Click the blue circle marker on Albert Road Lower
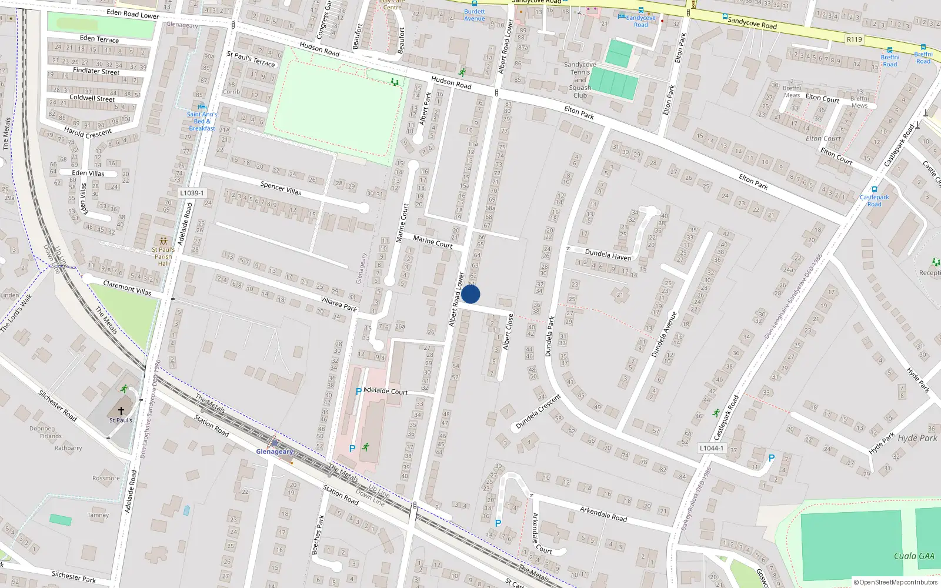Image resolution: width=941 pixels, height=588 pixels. pyautogui.click(x=470, y=294)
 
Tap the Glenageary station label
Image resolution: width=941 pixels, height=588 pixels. pyautogui.click(x=275, y=452)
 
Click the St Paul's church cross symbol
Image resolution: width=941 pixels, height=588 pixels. pyautogui.click(x=121, y=411)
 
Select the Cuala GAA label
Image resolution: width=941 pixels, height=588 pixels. pyautogui.click(x=914, y=556)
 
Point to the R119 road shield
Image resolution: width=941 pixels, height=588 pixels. pyautogui.click(x=854, y=39)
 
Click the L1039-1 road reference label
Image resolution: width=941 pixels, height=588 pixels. pyautogui.click(x=192, y=193)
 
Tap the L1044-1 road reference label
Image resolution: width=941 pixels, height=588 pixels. pyautogui.click(x=711, y=448)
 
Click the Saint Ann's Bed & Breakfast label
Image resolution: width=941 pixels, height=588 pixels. pyautogui.click(x=202, y=121)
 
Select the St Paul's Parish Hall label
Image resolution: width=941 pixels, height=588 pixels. pyautogui.click(x=163, y=256)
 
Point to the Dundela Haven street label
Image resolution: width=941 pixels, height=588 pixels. pyautogui.click(x=608, y=255)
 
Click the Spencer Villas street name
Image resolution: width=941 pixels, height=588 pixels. pyautogui.click(x=281, y=188)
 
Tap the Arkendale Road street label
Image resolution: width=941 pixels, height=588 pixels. pyautogui.click(x=603, y=513)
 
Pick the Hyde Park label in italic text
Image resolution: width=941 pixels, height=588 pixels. pyautogui.click(x=917, y=438)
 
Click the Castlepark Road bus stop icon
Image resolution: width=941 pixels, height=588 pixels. pyautogui.click(x=875, y=190)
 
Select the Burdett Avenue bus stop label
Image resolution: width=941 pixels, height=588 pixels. pyautogui.click(x=475, y=15)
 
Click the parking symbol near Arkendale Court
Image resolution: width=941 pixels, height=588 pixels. pyautogui.click(x=498, y=523)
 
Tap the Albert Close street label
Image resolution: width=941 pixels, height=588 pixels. pyautogui.click(x=508, y=332)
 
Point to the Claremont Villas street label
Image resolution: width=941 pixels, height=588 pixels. pyautogui.click(x=127, y=288)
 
